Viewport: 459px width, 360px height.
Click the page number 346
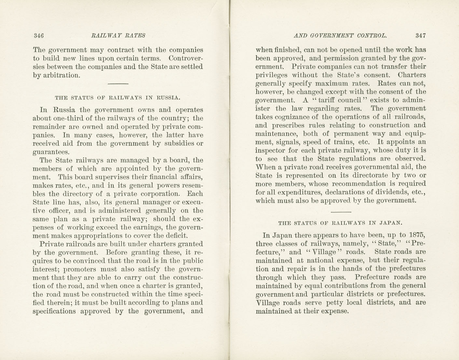(38, 36)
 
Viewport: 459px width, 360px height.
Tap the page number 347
(420, 36)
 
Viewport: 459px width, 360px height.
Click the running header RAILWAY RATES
(118, 36)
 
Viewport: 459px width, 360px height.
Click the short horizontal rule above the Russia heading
(118, 84)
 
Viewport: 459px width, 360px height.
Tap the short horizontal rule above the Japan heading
(341, 212)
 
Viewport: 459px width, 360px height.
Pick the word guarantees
(51, 152)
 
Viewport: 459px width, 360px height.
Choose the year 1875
(417, 235)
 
